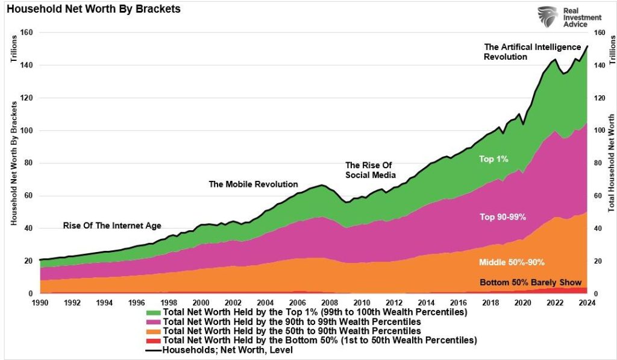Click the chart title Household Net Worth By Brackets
coord(93,10)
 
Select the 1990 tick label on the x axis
coord(39,303)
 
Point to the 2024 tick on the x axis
coord(587,303)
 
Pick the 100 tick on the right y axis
coord(598,131)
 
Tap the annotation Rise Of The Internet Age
coord(112,226)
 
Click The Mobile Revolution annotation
coord(253,184)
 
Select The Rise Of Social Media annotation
coord(370,170)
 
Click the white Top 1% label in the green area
coord(494,159)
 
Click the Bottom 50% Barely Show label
coord(530,282)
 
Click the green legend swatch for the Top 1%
coord(154,312)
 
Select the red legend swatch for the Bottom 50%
coord(154,340)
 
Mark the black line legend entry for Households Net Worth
coord(154,350)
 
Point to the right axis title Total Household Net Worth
coord(611,163)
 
